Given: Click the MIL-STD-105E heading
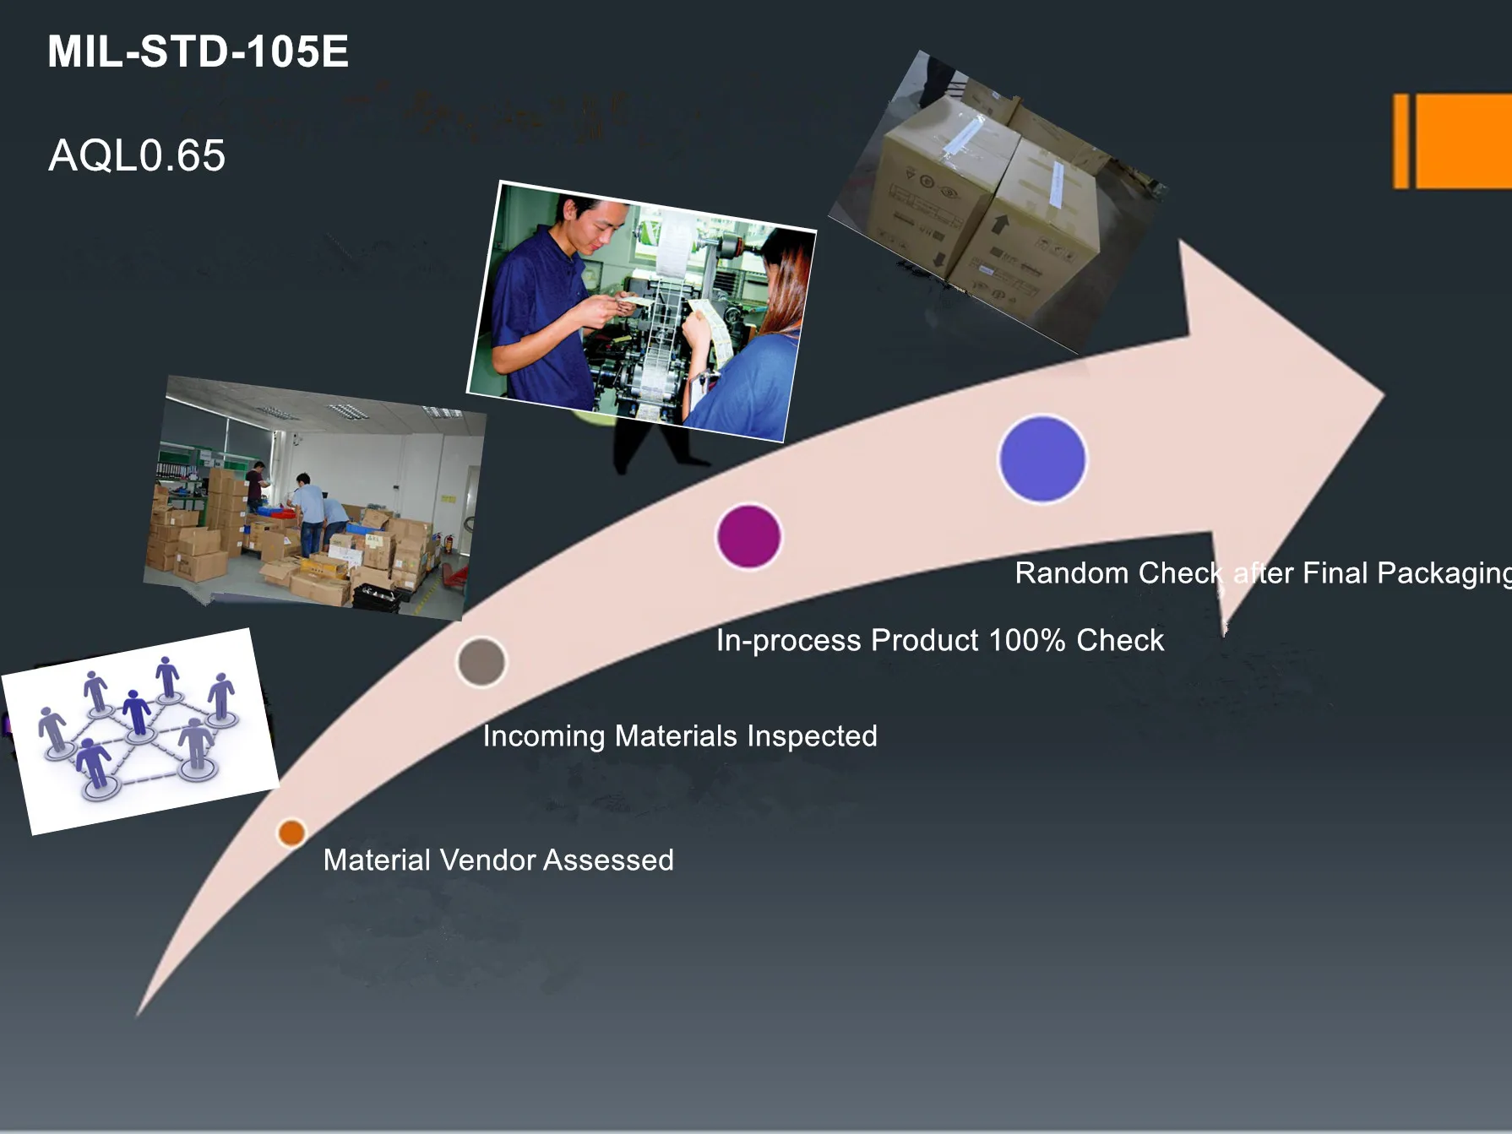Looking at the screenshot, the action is (x=198, y=52).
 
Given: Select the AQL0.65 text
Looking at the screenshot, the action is (x=137, y=155).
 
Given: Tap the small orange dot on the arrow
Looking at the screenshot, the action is (x=291, y=833).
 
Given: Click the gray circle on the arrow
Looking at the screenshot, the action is (x=481, y=661).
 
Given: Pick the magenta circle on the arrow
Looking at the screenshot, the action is (x=748, y=536).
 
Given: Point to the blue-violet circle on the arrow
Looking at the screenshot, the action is (x=1042, y=458).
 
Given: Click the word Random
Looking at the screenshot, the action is (x=1071, y=572).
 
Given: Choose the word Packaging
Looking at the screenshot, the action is (x=1444, y=574).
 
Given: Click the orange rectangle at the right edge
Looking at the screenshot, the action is (x=1453, y=141).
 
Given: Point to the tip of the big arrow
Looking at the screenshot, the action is (x=1384, y=393).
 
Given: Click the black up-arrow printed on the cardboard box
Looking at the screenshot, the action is (x=1001, y=224).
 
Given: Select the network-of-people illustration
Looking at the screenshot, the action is (x=140, y=731).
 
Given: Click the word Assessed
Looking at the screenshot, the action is (x=608, y=860).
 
